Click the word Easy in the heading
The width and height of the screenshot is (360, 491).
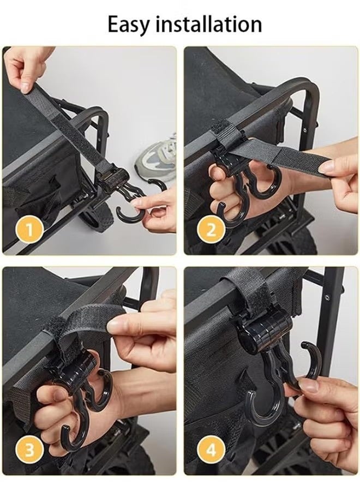pyautogui.click(x=129, y=25)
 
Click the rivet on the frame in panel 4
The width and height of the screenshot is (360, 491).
pyautogui.click(x=327, y=297)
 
